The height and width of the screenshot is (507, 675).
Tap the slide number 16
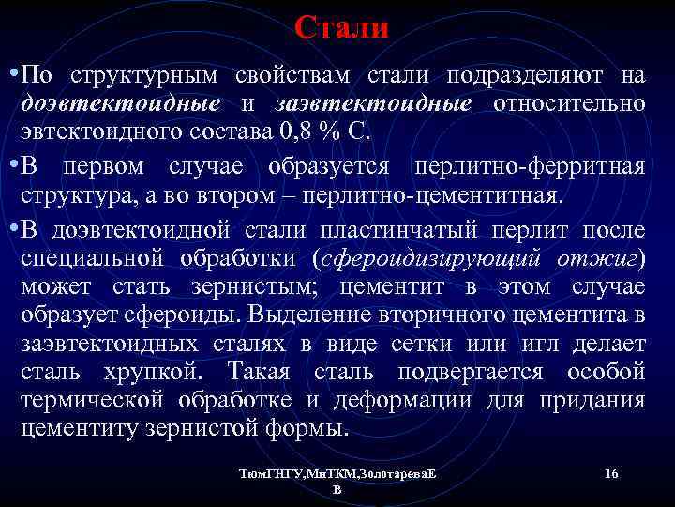[611, 474]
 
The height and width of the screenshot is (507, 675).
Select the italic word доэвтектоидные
[122, 102]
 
